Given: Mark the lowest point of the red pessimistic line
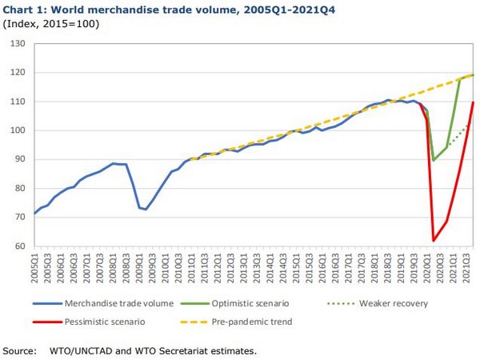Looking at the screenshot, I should point(434,240).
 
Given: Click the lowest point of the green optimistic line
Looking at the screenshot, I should point(434,160).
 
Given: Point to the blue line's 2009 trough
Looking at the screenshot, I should point(146,210).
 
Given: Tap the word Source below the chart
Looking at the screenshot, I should point(21,350).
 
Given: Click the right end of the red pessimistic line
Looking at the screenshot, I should point(474,102).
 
